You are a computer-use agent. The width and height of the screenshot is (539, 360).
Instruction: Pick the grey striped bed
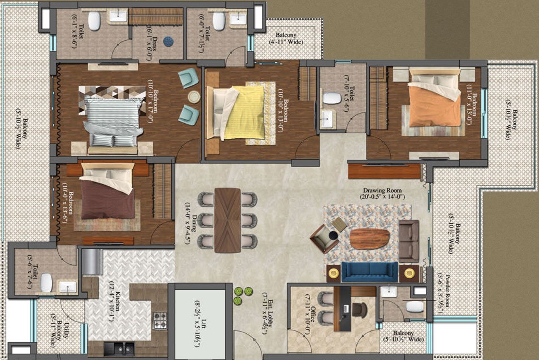113,123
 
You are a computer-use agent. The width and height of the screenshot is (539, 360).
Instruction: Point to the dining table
228,220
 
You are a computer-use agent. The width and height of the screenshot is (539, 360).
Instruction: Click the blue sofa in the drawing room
370,272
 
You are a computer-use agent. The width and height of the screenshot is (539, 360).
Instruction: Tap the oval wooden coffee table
369,239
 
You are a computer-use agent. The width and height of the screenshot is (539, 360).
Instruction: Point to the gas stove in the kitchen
160,320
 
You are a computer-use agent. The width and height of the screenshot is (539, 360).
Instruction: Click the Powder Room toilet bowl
414,307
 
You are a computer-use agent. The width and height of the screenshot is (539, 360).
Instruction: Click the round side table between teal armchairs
194,97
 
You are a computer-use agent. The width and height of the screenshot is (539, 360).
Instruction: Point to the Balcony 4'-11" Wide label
286,39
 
